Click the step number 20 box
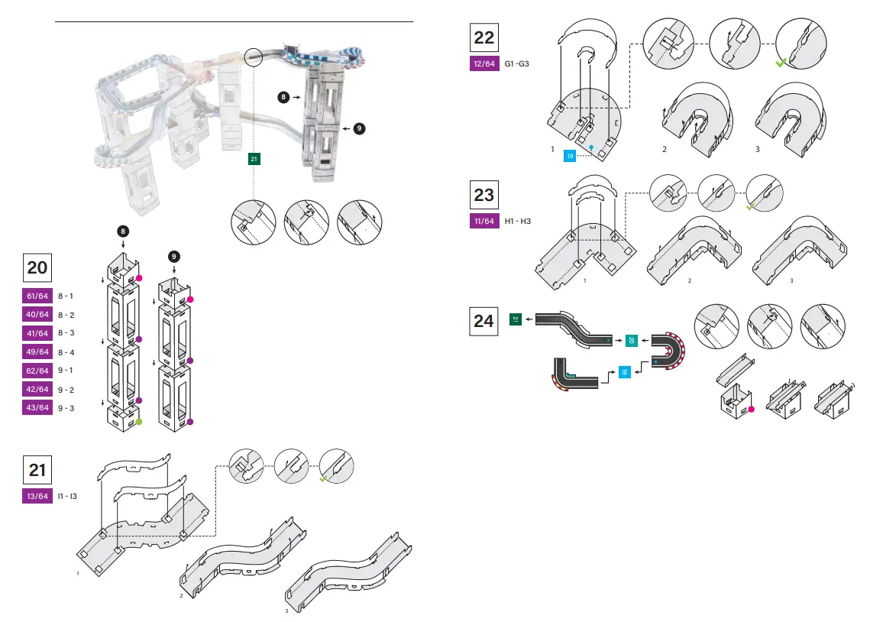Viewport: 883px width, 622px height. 37,267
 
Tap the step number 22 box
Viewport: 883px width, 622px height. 484,37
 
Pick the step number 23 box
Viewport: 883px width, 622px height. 484,195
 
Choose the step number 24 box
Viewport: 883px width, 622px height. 484,321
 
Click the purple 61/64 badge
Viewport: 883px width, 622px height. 37,296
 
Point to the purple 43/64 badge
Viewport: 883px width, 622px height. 37,408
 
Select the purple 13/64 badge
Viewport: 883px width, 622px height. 37,497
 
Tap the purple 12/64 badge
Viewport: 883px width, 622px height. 484,64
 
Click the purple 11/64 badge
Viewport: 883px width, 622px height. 484,222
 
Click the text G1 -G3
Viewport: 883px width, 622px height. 516,64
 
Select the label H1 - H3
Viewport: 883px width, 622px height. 518,222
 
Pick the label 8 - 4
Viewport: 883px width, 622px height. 66,352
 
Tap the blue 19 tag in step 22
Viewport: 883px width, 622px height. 570,156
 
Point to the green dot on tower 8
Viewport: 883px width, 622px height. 139,422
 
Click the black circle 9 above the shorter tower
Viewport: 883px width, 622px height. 175,256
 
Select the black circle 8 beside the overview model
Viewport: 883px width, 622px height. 284,98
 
